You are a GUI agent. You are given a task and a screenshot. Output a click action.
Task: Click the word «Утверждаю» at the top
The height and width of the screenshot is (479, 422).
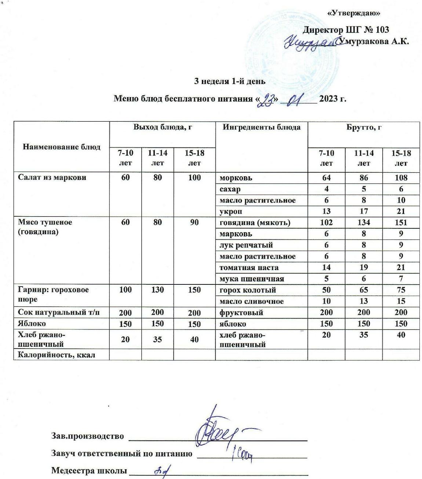pos(353,13)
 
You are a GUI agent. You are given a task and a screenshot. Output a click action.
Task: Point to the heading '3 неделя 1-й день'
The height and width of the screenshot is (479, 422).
pos(230,81)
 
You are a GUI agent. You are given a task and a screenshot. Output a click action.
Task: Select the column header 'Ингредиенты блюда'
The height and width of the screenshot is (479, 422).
pos(262,128)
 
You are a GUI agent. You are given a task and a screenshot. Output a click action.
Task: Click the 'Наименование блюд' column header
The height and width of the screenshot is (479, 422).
pos(62,147)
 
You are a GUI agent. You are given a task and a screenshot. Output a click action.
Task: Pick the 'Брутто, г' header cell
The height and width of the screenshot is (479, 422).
pos(364,128)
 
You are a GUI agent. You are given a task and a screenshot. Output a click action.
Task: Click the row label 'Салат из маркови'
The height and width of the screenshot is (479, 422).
pos(52,178)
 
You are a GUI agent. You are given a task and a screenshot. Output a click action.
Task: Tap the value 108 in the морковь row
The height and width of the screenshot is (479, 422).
pos(401,178)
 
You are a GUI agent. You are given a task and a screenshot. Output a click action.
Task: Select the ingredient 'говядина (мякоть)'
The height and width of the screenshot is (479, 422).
pos(255,222)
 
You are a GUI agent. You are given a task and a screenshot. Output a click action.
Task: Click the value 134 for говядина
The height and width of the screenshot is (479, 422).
pos(364,222)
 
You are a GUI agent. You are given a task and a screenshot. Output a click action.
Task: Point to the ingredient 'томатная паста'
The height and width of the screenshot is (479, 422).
pos(249,268)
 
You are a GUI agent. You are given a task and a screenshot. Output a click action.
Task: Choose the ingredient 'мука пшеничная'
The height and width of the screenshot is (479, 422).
pos(252,279)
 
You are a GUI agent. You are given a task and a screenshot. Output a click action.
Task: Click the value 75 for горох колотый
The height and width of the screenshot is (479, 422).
pos(401,290)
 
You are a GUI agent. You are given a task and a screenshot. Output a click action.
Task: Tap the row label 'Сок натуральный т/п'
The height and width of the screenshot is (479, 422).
pos(59,313)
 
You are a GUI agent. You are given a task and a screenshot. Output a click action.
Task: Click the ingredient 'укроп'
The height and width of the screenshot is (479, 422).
pos(231,211)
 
